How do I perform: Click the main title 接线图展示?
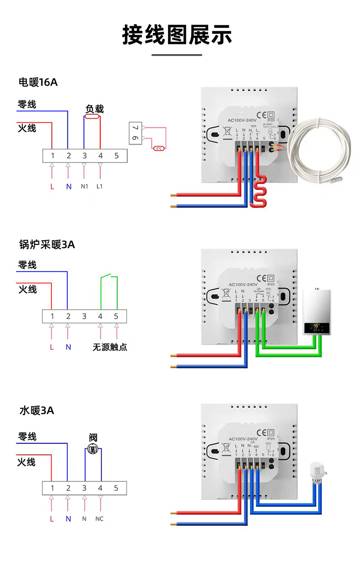(177, 35)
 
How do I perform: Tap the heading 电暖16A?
(38, 82)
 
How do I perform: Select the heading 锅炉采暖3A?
(47, 244)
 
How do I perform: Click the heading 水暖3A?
(37, 410)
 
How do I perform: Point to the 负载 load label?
(94, 109)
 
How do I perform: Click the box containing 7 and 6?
(135, 133)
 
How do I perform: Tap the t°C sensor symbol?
(159, 148)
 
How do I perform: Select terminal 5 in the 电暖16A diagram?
(116, 155)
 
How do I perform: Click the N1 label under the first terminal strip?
(84, 186)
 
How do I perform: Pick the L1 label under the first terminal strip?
(100, 186)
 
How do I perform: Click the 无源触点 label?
(110, 347)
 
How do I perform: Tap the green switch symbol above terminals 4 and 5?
(109, 278)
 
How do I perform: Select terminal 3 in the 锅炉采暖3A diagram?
(84, 316)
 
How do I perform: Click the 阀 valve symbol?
(93, 449)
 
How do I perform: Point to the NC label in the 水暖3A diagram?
(100, 519)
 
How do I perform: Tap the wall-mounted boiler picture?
(317, 312)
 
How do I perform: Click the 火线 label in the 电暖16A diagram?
(27, 128)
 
